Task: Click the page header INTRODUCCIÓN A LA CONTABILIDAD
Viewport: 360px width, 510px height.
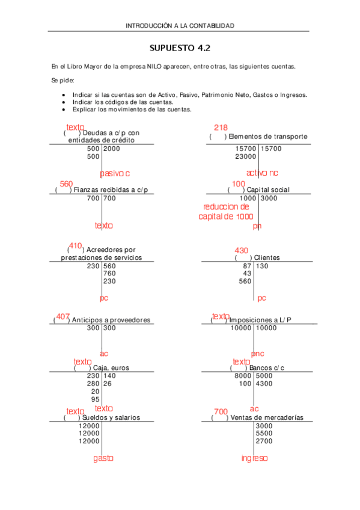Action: tap(180, 26)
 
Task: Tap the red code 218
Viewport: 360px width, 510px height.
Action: tap(221, 127)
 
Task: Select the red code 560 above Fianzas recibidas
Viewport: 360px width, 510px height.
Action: tap(66, 183)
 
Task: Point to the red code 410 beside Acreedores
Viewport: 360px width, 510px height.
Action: tap(75, 246)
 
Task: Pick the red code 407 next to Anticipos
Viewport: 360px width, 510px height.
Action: tap(63, 316)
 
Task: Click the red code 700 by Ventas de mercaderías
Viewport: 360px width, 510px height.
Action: tap(221, 411)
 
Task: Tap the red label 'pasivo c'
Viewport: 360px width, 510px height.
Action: tap(115, 173)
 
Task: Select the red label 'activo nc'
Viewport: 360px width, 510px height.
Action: tap(262, 173)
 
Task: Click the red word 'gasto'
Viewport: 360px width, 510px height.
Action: tap(103, 458)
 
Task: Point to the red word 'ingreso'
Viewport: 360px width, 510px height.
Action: tap(255, 458)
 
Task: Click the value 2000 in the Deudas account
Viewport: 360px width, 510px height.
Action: tap(112, 149)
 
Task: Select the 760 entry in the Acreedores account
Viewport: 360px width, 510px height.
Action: tap(109, 273)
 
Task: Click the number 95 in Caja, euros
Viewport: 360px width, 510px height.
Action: tap(95, 399)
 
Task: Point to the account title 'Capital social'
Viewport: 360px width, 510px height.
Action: tap(267, 190)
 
